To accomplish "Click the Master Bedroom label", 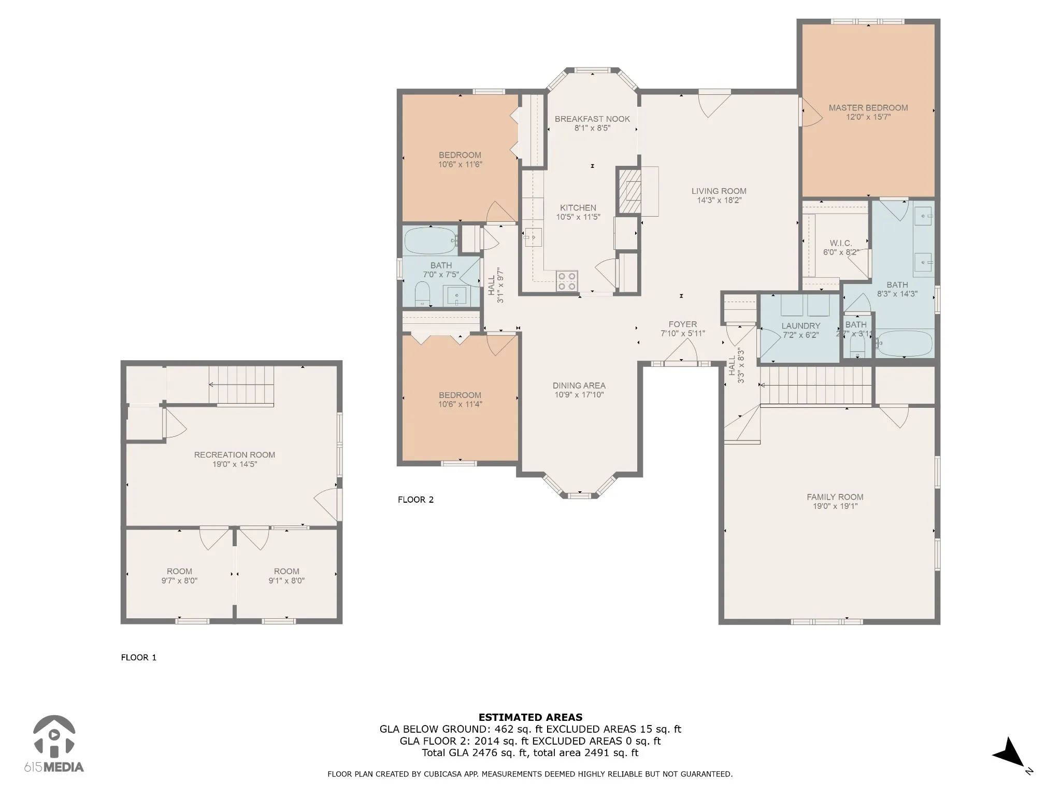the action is [x=868, y=108].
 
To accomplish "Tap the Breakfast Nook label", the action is [x=592, y=119].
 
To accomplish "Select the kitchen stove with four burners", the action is [x=567, y=280].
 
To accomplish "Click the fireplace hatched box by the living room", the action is [x=628, y=190].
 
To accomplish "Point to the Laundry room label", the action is [x=801, y=325].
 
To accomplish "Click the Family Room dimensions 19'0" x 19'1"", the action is [x=835, y=506].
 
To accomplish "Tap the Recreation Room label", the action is [x=235, y=454].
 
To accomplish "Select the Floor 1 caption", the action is [x=139, y=657].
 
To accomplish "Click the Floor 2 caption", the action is [x=415, y=500].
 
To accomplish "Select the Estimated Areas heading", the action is [x=530, y=717].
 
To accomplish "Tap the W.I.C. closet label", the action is [x=841, y=243].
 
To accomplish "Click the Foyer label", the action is [x=683, y=324].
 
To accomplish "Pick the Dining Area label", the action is [x=579, y=386].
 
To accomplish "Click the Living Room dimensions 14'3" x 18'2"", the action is [x=719, y=200].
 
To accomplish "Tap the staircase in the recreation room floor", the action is [x=241, y=385].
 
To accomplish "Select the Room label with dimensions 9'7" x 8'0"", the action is [x=179, y=571].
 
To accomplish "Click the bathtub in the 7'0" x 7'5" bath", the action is [x=430, y=241].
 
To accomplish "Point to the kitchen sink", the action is [x=533, y=237].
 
